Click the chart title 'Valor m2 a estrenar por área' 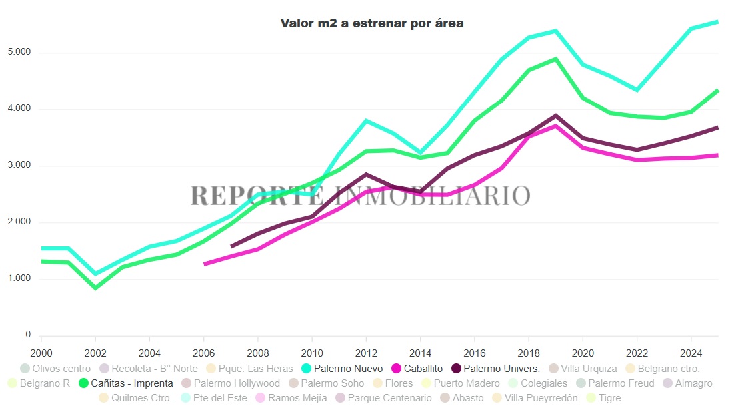coord(371,23)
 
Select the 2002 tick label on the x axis coord(95,353)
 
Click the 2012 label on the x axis coord(365,353)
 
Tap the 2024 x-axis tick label coord(691,353)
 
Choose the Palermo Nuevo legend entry coord(341,368)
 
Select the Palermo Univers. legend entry coord(495,368)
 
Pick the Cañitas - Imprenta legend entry coord(125,383)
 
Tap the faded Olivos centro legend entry coord(55,368)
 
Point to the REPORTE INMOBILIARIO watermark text coord(360,195)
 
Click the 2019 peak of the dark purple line coord(555,116)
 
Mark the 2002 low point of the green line coord(95,288)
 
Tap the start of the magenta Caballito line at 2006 coord(205,264)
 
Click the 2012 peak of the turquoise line coord(365,120)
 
